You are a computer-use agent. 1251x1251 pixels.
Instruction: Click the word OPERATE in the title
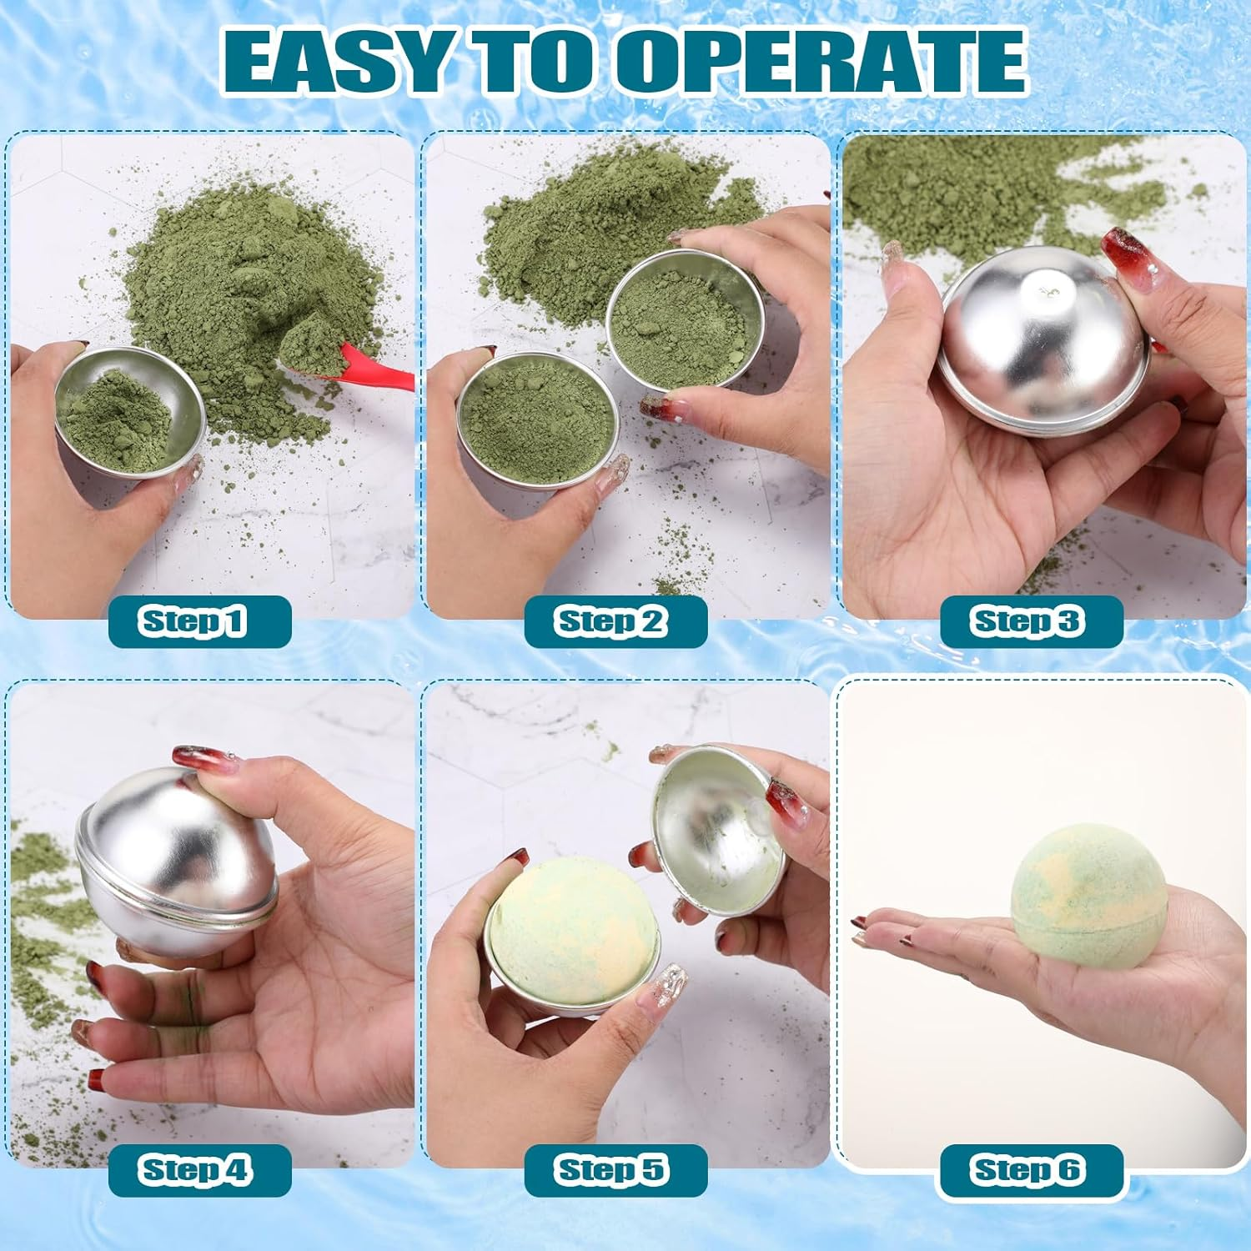(x=821, y=63)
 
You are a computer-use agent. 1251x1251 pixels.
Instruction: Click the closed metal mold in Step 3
(x=1042, y=342)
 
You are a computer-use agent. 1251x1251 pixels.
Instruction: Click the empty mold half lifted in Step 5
(x=717, y=830)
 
